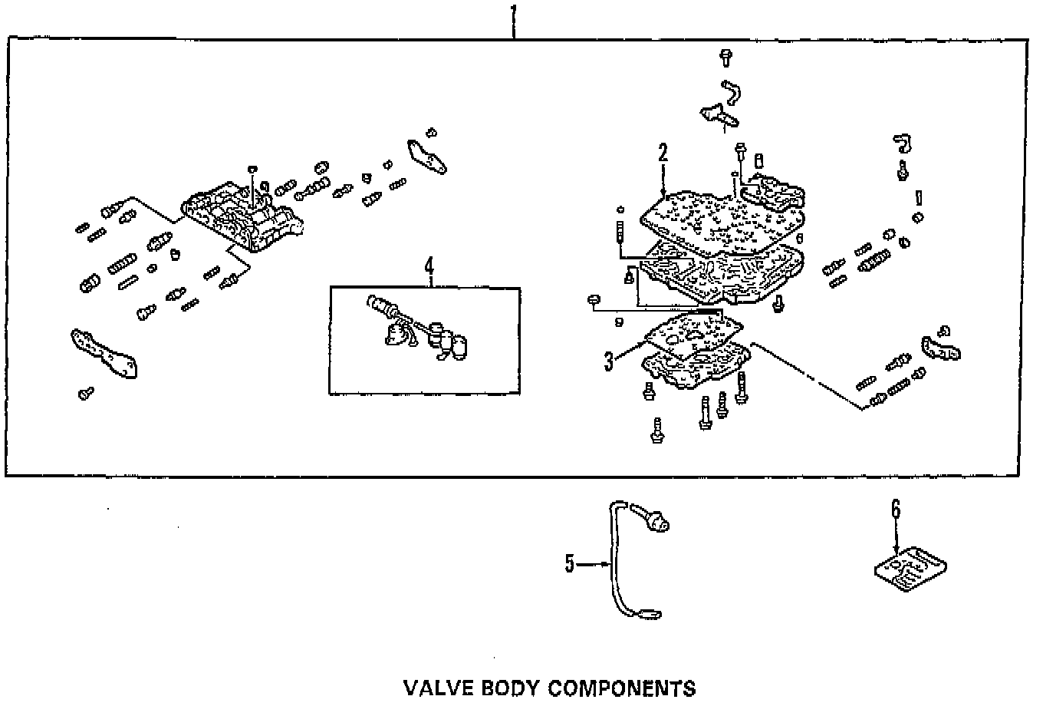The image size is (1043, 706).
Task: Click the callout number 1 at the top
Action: point(514,13)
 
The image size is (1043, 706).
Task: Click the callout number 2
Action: point(663,152)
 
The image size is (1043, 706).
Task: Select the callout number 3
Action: point(608,361)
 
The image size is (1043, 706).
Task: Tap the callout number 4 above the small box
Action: point(429,266)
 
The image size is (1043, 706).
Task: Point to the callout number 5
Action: point(569,564)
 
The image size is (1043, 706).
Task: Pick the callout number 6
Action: point(895,509)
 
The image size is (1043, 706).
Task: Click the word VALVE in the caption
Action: point(434,687)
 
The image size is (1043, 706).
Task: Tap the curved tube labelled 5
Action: point(614,560)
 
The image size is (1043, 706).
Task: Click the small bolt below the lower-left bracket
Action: point(85,394)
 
